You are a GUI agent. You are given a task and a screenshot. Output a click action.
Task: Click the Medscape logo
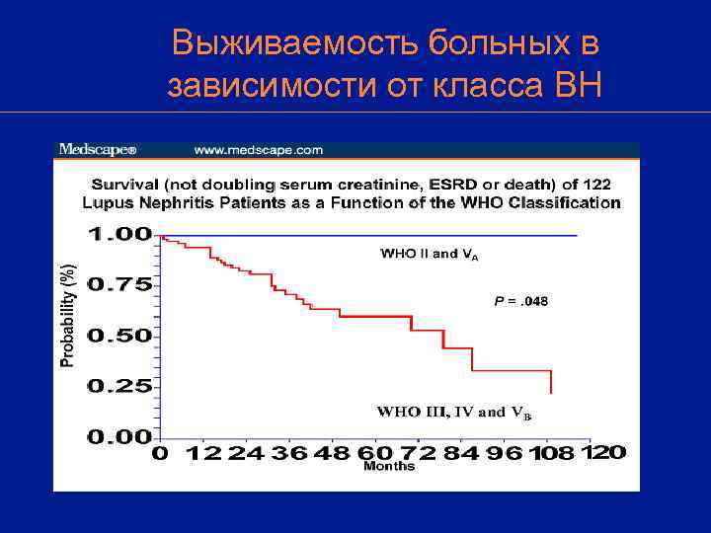pos(97,150)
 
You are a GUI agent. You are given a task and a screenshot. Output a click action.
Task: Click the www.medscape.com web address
pos(259,150)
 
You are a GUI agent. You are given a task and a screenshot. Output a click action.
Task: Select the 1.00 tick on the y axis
pos(119,235)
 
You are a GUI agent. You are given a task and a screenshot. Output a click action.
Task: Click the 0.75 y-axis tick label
pos(119,284)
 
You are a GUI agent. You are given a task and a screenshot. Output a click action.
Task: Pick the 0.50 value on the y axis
pos(119,336)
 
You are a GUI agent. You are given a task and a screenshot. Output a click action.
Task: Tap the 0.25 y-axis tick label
pos(119,386)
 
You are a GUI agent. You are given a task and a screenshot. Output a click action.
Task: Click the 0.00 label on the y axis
pos(119,436)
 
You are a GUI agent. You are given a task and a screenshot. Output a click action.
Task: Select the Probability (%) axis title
pos(67,316)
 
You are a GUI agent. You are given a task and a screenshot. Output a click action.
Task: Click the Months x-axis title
pos(389,466)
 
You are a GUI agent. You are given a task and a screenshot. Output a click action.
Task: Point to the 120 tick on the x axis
pos(604,451)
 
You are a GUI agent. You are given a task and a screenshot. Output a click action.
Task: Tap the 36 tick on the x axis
pos(290,453)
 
